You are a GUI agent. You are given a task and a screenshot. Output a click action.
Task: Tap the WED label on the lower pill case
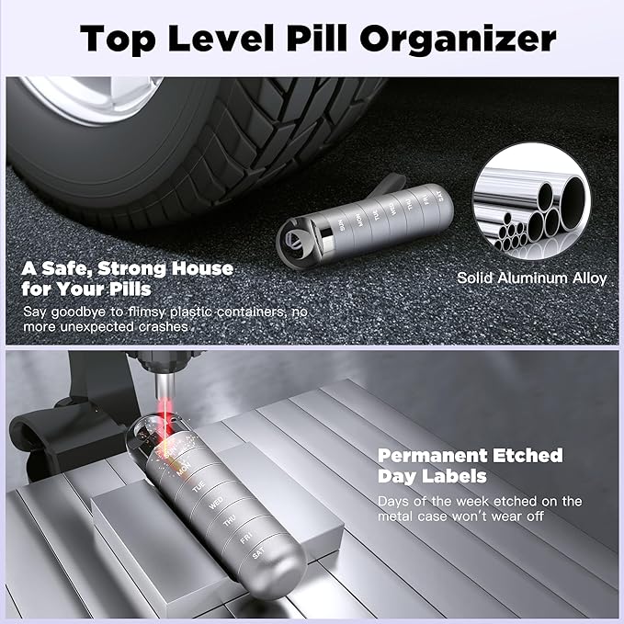point(216,505)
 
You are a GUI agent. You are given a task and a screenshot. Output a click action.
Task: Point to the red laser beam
point(165,413)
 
